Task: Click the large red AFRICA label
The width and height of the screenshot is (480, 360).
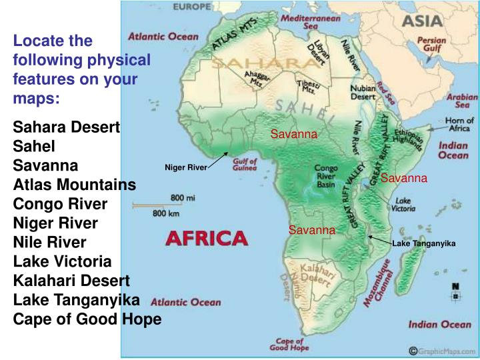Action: [206, 238]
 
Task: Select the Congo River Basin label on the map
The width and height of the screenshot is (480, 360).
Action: [326, 177]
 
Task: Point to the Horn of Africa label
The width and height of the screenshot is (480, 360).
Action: [459, 125]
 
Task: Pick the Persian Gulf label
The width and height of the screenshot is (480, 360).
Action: [431, 45]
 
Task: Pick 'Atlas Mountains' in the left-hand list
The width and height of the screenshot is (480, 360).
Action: [75, 184]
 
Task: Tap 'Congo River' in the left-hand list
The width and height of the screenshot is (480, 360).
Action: [60, 203]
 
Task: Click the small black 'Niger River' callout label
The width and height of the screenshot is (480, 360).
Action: [186, 167]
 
